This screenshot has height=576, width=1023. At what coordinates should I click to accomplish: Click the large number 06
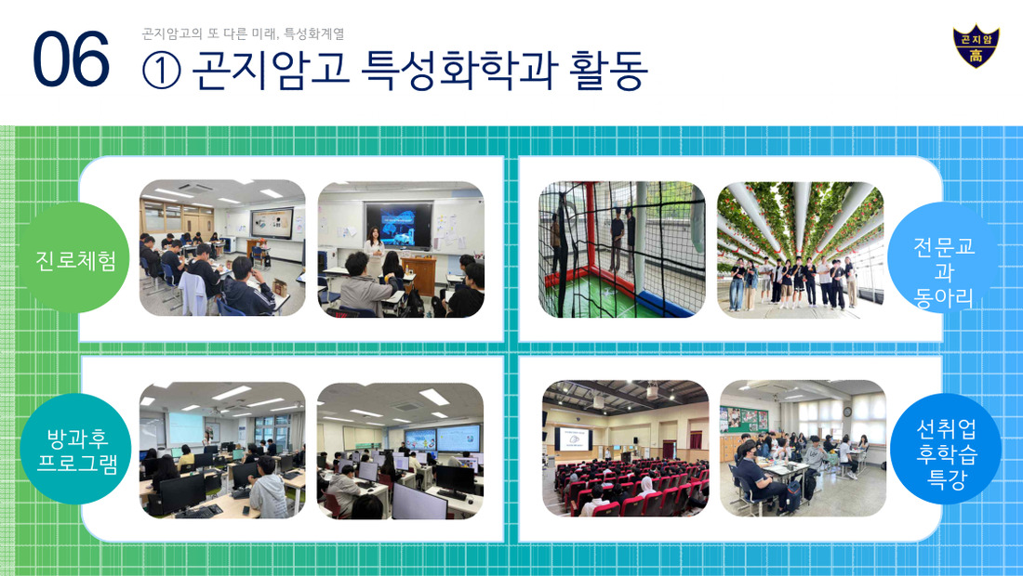point(71,59)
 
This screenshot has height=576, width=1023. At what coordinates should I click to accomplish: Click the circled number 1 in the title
point(161,70)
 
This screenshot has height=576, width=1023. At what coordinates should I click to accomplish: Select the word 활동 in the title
point(608,69)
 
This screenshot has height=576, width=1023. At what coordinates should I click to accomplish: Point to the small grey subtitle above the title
point(243,33)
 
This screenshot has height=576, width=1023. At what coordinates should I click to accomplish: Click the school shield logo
point(976,46)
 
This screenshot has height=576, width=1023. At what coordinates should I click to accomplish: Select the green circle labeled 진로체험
point(75,258)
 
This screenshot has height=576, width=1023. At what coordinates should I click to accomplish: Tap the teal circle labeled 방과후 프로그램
point(75,449)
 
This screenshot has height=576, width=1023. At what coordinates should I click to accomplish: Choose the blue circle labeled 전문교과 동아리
point(943,258)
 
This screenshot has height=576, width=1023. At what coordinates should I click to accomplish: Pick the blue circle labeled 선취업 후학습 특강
point(946,449)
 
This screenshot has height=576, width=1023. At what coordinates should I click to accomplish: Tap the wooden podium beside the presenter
point(418,274)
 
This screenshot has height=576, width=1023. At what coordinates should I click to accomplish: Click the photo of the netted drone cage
point(622,250)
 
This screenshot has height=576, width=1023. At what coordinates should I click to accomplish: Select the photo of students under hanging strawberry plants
point(800,250)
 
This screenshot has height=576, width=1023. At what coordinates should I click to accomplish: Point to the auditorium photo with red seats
point(625,449)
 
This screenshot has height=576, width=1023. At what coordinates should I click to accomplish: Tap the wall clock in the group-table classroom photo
point(846,412)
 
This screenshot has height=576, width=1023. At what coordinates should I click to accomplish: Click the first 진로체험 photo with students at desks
point(222,248)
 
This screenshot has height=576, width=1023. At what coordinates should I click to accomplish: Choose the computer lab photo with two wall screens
point(400,451)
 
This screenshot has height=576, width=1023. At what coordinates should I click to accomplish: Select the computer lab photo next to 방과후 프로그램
point(222,451)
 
